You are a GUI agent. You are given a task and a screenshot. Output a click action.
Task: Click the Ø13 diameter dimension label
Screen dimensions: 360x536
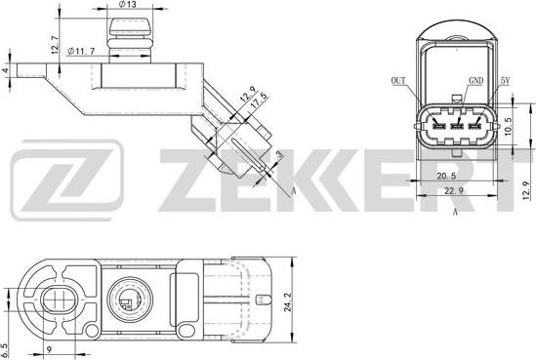click(126, 6)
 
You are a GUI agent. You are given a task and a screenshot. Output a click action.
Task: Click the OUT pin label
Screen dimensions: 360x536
click(397, 83)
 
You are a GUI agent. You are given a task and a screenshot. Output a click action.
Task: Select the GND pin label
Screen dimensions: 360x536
click(476, 83)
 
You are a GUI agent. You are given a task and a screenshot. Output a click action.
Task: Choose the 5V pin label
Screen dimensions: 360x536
click(506, 83)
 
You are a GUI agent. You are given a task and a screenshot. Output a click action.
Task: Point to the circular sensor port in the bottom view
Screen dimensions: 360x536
click(128, 298)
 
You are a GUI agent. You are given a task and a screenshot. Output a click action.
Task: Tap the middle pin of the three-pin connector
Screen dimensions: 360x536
click(456, 125)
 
